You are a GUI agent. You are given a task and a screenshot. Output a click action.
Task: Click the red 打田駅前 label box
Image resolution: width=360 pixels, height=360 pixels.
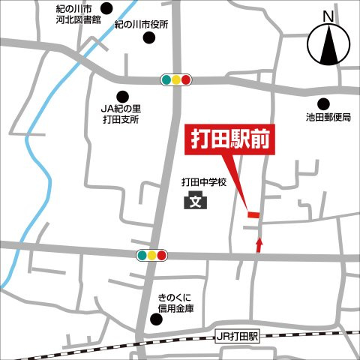tap(228, 141)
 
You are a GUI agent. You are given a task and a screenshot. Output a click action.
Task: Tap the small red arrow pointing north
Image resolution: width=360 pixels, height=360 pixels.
tap(259, 244)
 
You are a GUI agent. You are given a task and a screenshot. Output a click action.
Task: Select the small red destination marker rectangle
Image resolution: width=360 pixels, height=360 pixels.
tap(253, 215)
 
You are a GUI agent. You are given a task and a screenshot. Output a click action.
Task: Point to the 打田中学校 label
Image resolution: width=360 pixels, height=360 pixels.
tap(203, 182)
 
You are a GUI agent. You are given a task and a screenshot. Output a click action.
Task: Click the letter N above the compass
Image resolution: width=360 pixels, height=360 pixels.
tap(327, 16)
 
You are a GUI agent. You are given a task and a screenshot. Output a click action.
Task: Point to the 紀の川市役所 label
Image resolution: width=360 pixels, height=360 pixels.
tap(141, 24)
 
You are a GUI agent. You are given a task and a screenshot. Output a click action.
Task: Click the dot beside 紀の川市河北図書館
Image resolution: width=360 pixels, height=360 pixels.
tap(106, 10)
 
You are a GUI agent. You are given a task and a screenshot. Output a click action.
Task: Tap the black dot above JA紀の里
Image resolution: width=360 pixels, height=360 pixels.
tap(122, 95)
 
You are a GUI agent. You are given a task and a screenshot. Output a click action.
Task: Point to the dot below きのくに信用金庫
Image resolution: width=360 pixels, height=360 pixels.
tap(156, 319)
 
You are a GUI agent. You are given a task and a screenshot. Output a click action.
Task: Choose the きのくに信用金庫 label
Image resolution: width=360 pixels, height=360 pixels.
tap(175, 302)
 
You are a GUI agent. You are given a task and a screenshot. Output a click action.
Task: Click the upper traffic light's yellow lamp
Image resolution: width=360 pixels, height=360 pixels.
tap(177, 79)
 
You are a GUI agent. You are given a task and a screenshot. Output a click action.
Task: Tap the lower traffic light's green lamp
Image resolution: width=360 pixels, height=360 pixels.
tap(142, 256)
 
